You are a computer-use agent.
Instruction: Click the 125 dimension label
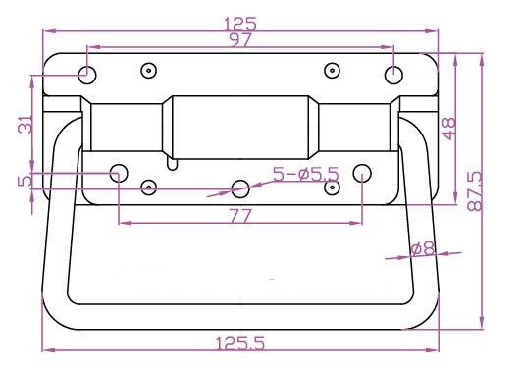click(x=240, y=24)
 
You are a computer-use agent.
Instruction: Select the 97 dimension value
click(x=239, y=40)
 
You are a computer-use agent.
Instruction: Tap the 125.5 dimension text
click(x=240, y=343)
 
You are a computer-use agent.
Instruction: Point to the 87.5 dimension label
click(x=475, y=191)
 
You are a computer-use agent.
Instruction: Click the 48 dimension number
click(x=448, y=129)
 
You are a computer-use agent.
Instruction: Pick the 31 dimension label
click(x=26, y=124)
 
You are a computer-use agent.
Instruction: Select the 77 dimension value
click(x=240, y=216)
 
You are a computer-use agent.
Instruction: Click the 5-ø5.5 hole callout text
click(x=305, y=174)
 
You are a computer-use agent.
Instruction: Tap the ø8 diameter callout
click(x=423, y=248)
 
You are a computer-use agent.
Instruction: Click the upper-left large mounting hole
click(x=87, y=75)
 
